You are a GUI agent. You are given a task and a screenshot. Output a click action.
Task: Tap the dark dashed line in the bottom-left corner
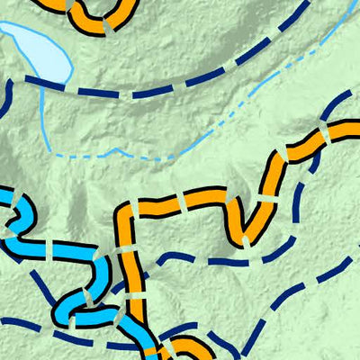point(27,324)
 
